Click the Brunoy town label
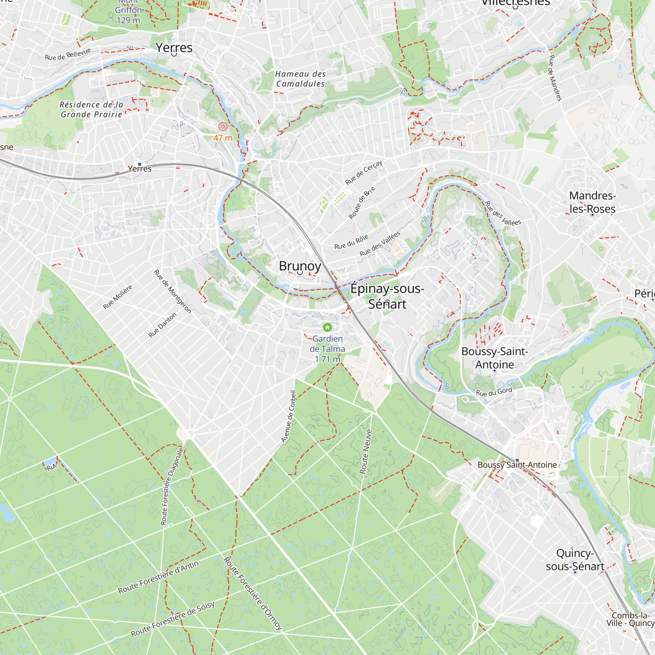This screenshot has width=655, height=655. [x=300, y=266]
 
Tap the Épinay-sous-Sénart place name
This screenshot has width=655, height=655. [x=387, y=296]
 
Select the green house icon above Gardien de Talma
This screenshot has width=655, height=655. [x=327, y=327]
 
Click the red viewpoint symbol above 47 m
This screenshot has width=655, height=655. [x=223, y=127]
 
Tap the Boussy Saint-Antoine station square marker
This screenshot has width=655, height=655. [x=517, y=460]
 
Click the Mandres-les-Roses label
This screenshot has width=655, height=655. [x=592, y=202]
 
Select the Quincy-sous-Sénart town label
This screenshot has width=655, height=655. [x=575, y=560]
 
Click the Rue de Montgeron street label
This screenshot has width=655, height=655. [x=173, y=291]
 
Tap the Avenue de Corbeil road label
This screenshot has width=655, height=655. [x=289, y=417]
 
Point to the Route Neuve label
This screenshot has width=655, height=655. [x=366, y=451]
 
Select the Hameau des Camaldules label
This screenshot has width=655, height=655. [x=300, y=79]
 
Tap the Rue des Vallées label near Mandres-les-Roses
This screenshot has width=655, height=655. [x=503, y=213]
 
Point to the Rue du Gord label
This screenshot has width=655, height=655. [x=494, y=392]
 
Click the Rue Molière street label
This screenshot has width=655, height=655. [x=118, y=297]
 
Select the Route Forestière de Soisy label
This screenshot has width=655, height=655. [x=173, y=619]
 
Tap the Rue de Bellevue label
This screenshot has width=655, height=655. [x=68, y=54]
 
